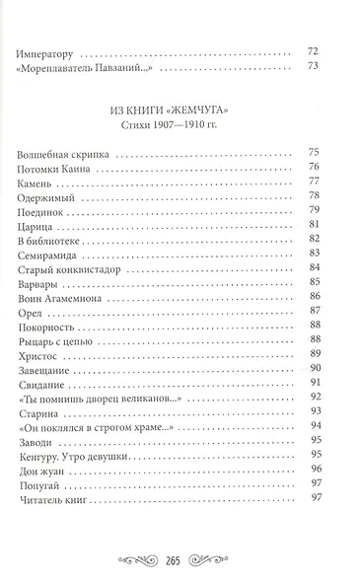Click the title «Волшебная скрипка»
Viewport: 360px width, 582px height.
pyautogui.click(x=64, y=154)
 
